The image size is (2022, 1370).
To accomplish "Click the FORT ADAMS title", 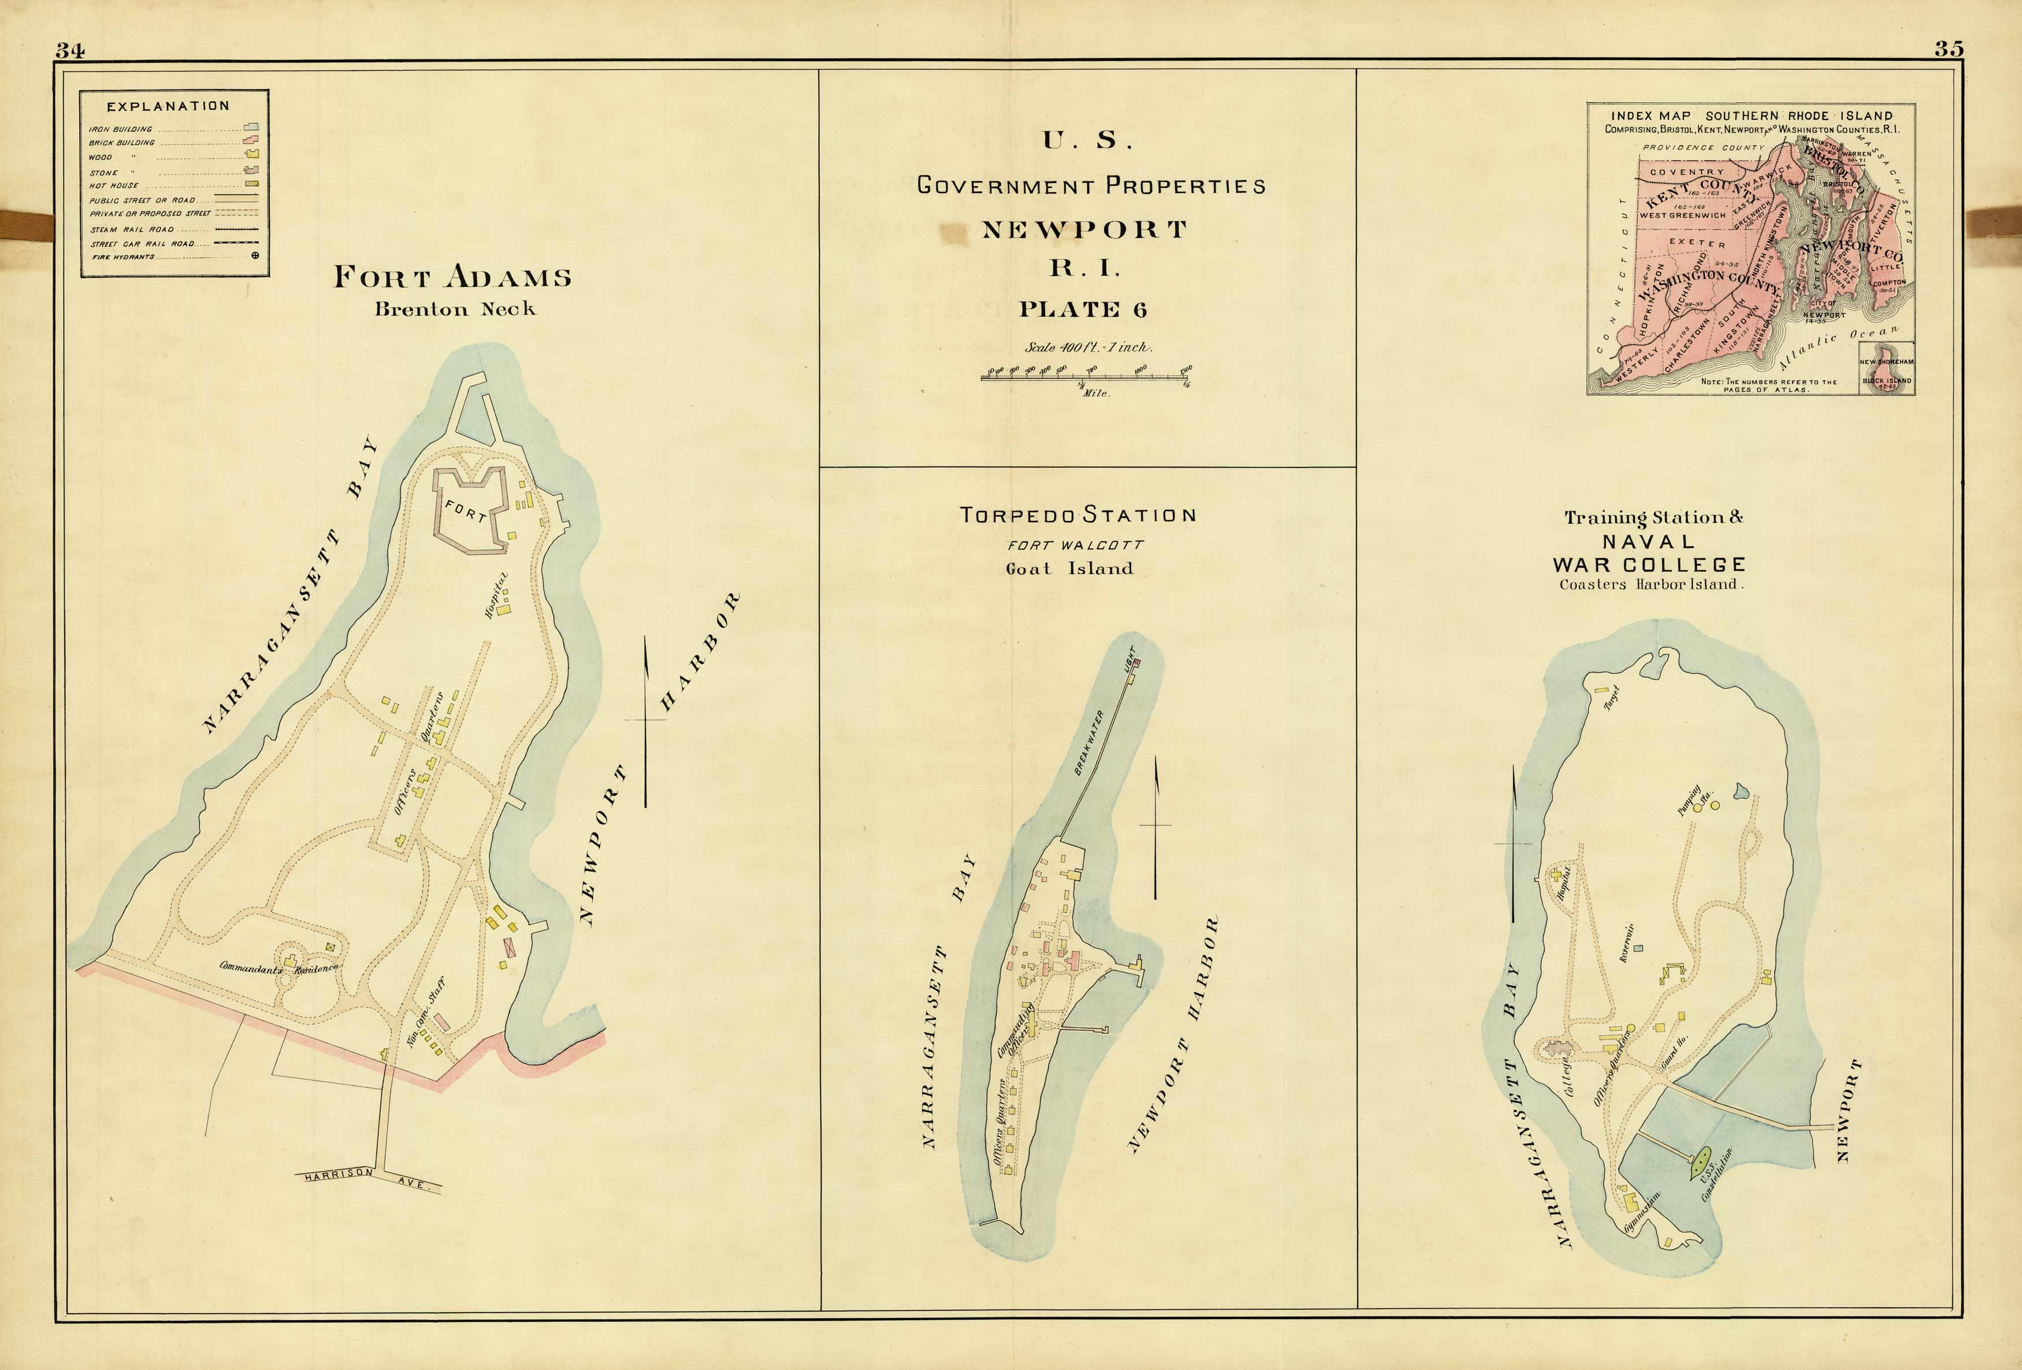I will tap(452, 277).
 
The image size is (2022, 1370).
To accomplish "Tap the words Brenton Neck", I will tap(455, 309).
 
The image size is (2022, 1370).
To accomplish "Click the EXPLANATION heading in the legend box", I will tap(168, 106).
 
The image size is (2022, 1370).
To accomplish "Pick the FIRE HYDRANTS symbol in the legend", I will tap(255, 256).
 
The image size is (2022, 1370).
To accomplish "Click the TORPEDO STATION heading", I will tap(1077, 515).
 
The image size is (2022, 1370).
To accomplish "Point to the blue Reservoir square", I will tap(1638, 947).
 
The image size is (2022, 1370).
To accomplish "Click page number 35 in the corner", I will tap(1949, 50).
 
